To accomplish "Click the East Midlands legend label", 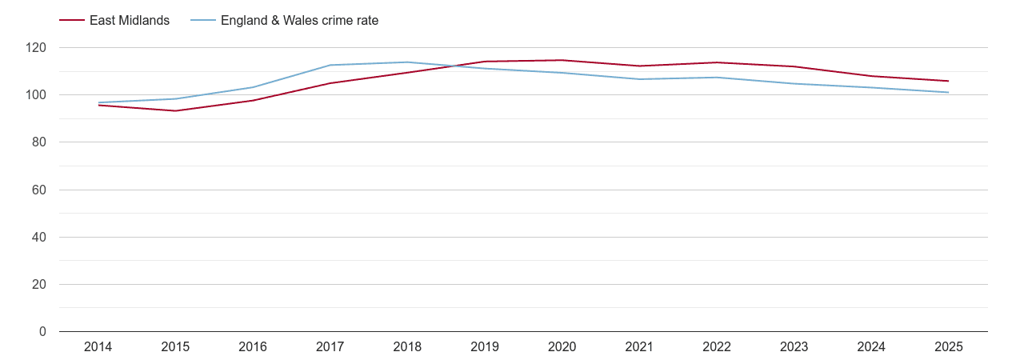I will pos(130,21).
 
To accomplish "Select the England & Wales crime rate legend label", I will pos(299,21).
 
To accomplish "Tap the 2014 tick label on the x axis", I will pos(98,346).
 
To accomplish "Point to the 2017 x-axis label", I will pos(330,346).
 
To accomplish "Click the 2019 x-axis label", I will pos(485,346).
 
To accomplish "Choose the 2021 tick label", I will pos(639,346).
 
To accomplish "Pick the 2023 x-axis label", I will pos(794,346).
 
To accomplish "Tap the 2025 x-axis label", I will pos(949,346).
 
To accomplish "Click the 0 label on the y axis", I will pos(42,331).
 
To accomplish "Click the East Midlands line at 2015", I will pos(175,110).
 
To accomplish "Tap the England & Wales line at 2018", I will pos(407,62).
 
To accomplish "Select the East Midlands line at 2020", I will pos(562,60).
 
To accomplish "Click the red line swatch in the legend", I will pos(72,21).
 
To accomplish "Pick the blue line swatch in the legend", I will pos(203,21).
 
